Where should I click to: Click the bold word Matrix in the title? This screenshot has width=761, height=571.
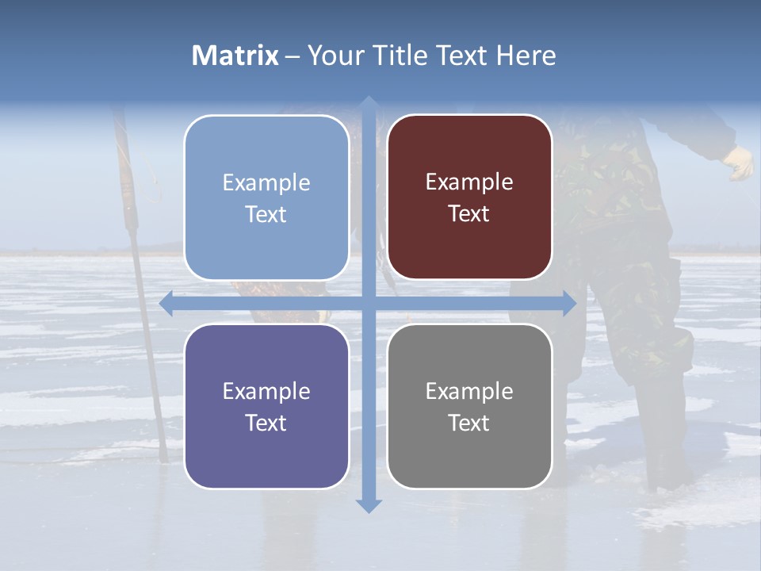tap(235, 56)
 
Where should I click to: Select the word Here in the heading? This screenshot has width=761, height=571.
tap(526, 56)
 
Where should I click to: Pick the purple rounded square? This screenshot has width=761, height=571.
tap(266, 460)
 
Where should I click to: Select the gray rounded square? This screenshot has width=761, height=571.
tap(469, 460)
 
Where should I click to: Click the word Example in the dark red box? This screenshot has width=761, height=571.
tap(469, 182)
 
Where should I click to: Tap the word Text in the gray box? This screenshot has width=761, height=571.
tap(469, 423)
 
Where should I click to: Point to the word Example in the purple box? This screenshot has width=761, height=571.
tap(266, 391)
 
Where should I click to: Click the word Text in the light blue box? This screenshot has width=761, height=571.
tap(266, 214)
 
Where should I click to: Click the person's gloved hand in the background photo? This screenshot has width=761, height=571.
tap(740, 163)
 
